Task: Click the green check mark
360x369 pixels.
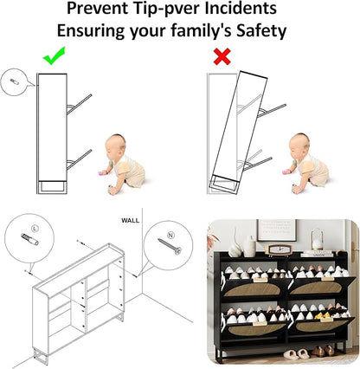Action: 54,55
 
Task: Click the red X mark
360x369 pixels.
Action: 222,56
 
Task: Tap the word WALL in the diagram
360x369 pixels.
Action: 130,221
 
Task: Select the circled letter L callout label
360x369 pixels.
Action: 35,229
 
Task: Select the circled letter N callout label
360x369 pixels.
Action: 171,235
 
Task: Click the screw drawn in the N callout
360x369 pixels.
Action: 170,246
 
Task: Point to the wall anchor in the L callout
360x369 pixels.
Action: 29,239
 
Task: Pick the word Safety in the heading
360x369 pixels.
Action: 261,30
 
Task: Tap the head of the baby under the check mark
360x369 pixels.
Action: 115,146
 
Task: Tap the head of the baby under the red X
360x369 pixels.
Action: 299,145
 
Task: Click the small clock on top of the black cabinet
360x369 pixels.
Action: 277,249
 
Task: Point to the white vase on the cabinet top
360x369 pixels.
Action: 250,246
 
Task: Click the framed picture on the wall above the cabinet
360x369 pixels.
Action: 277,230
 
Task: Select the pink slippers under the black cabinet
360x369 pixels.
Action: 296,353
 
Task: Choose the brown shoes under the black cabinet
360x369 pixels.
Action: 323,351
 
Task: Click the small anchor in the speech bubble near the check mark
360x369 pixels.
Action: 15,81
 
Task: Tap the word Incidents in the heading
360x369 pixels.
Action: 241,8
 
